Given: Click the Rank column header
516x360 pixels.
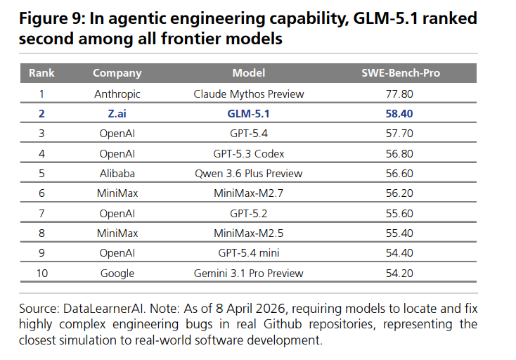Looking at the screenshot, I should point(41,73).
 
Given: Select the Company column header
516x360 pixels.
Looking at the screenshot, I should point(117,73).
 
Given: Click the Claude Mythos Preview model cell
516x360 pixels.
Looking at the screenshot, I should point(248,93).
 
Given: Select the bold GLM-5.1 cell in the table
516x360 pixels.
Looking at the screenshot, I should point(248,113).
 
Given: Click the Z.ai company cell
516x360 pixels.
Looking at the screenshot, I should point(117,113).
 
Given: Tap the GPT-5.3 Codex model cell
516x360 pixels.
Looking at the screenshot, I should point(248,153).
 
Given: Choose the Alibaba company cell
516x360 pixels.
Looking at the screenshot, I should point(117,173).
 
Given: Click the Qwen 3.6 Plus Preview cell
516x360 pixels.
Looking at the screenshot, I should point(248,173).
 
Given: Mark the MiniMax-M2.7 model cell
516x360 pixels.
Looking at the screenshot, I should point(248,193).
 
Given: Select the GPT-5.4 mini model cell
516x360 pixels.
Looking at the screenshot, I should point(248,253).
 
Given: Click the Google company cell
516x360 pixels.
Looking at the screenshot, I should point(117,273).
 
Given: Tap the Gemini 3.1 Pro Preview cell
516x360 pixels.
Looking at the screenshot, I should point(248,273).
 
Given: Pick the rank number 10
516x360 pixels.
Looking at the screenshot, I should point(41,273).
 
